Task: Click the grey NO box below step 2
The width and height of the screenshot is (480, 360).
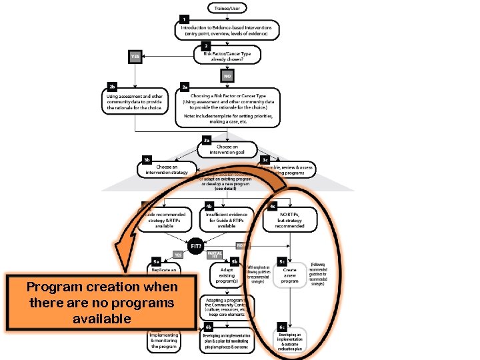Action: click(227, 77)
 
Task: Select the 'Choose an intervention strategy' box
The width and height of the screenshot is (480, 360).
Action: click(167, 169)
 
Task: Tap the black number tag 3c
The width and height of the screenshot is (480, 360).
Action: click(265, 160)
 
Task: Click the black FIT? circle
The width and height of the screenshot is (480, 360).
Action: click(196, 246)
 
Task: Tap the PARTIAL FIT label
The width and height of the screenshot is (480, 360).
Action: click(214, 255)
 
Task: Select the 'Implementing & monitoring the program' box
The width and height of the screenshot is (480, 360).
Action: click(164, 341)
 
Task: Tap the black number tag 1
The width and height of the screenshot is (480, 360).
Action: click(184, 19)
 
